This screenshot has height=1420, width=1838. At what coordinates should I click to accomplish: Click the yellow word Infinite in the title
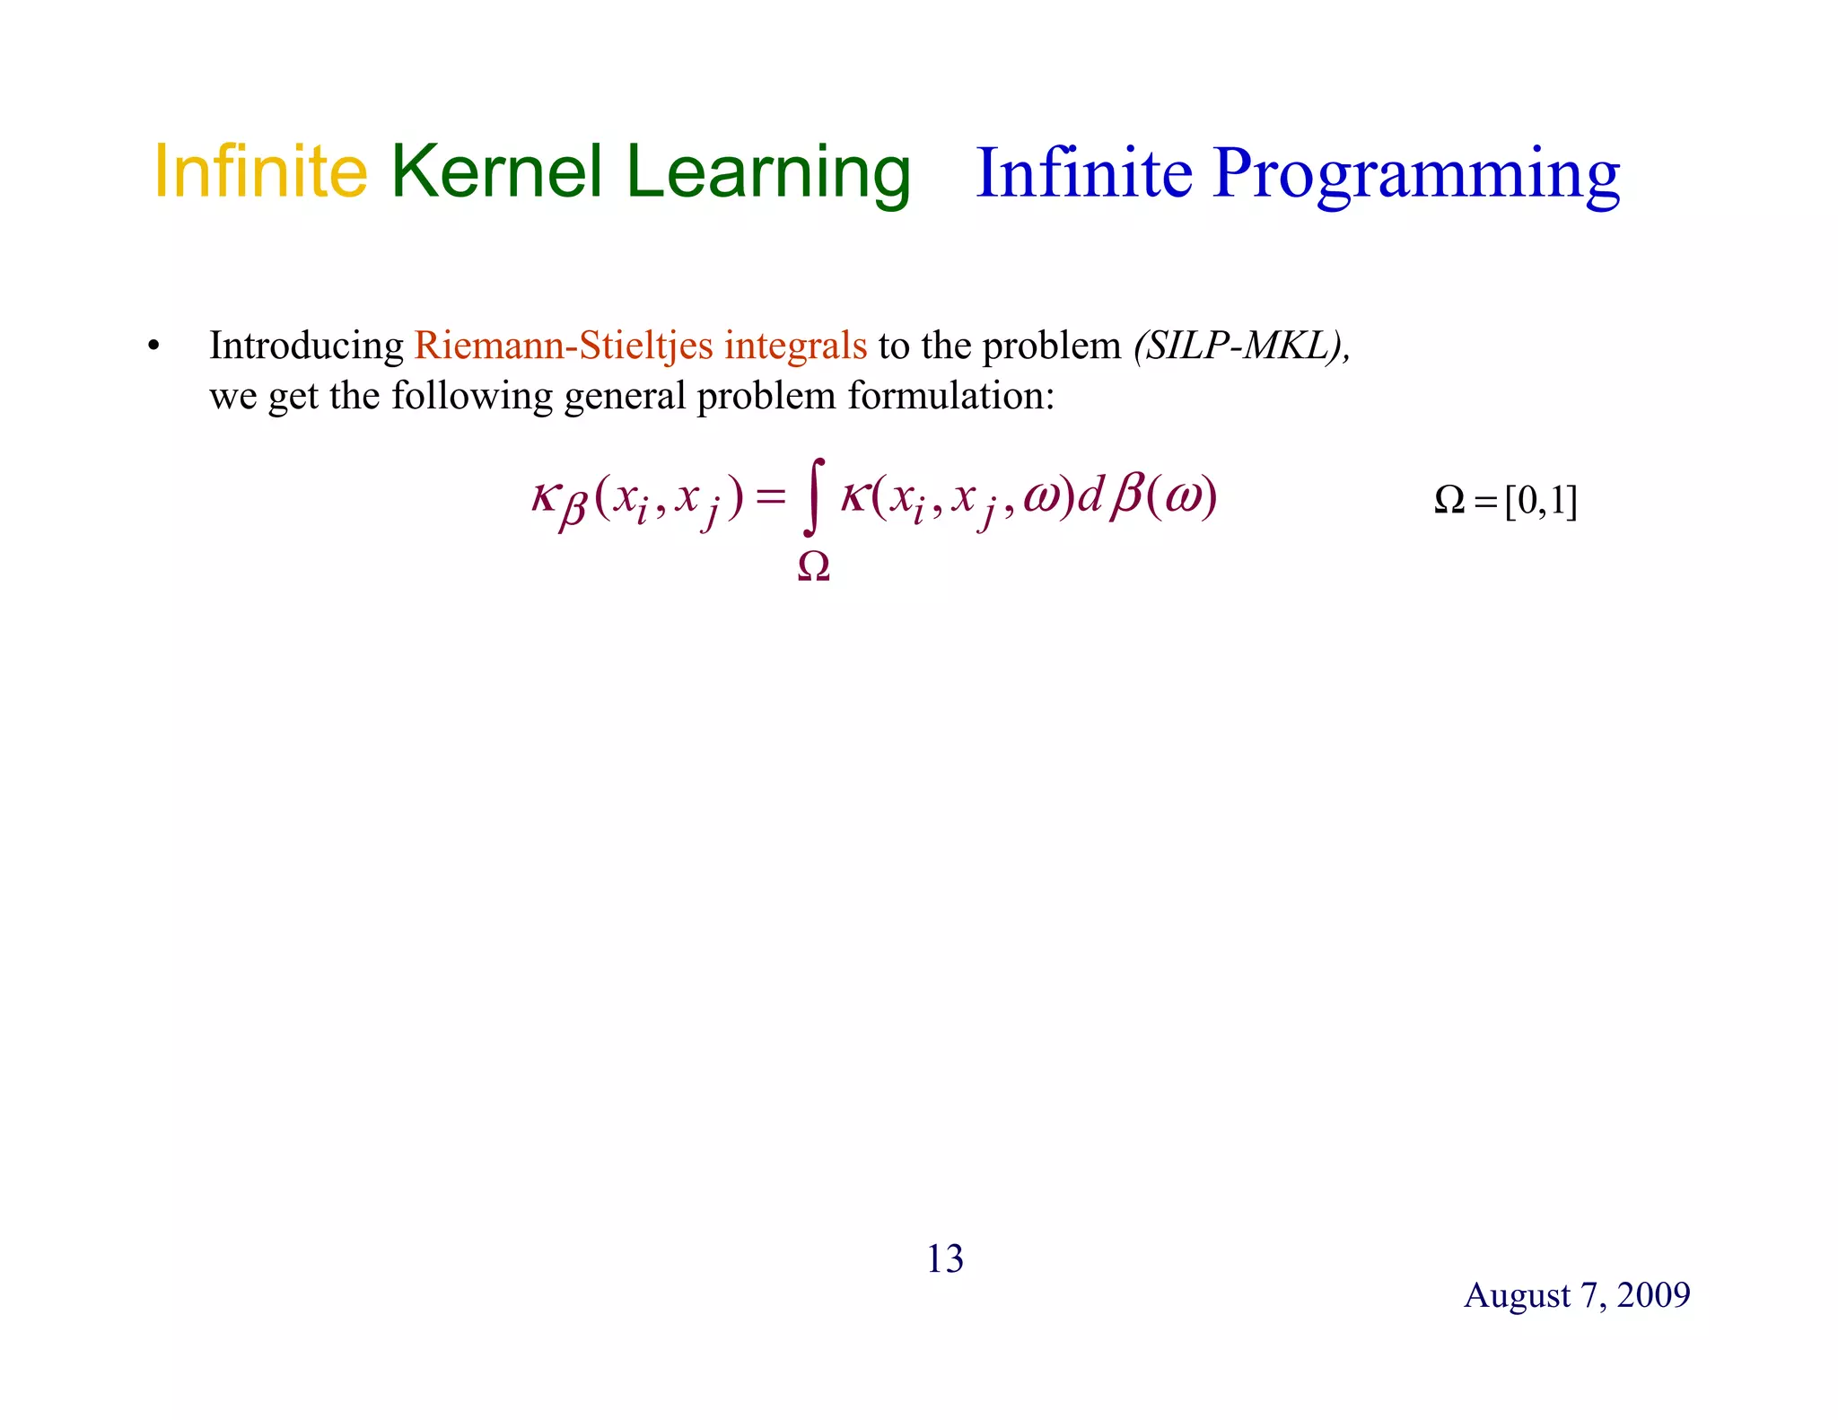point(260,171)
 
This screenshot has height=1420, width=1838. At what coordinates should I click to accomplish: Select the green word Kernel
point(496,171)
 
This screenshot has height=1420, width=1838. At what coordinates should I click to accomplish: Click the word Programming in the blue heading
point(1415,175)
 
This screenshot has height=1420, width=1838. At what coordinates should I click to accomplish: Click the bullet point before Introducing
point(153,346)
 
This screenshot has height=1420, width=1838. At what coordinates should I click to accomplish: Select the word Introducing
point(306,346)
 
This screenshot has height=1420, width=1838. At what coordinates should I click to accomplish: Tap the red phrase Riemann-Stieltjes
point(564,346)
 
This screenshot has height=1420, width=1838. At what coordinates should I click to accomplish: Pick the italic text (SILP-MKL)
point(1241,346)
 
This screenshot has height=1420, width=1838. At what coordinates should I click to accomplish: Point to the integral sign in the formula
point(815,496)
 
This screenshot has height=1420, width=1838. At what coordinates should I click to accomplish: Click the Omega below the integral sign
point(814,566)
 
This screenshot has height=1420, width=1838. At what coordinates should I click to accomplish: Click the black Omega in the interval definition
point(1449,500)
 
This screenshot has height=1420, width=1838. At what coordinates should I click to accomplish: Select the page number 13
point(944,1259)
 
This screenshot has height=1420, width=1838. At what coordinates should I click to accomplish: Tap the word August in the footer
point(1517,1295)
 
